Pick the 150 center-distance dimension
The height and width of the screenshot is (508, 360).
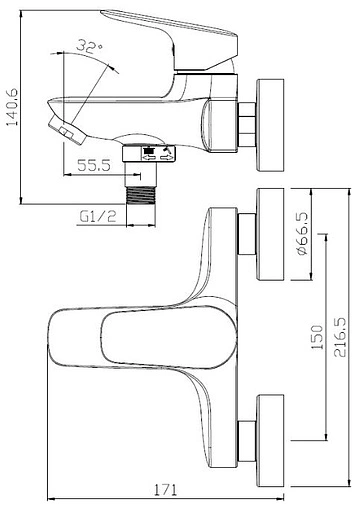pyautogui.click(x=317, y=337)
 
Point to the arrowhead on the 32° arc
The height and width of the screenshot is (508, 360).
pyautogui.click(x=112, y=62)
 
